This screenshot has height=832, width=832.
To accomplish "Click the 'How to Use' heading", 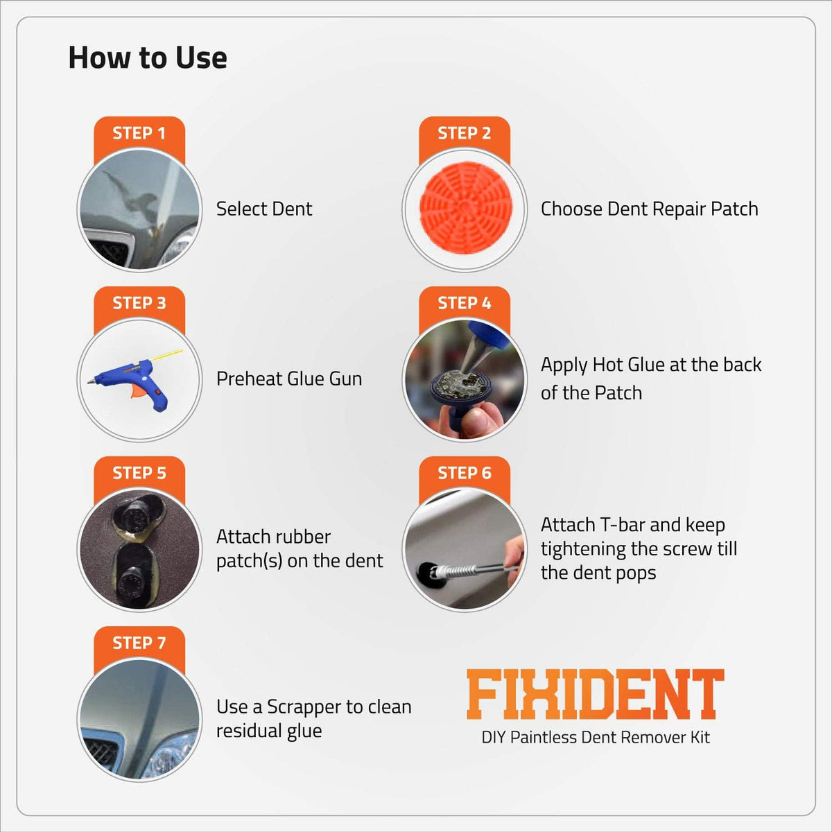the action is pos(148,58).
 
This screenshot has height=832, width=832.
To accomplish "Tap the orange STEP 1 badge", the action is pos(139,133).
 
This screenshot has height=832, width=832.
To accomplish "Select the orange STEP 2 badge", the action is pos(464,133).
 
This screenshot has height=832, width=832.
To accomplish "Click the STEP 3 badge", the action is pos(139,303).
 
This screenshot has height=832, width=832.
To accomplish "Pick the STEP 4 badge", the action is pos(464,303).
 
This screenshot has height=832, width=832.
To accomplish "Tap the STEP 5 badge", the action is pos(139,473).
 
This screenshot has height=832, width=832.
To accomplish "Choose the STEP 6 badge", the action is pos(464,473).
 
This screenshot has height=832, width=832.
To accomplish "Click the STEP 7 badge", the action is pos(139,643).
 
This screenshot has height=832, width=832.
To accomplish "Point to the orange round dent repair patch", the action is pos(465,208).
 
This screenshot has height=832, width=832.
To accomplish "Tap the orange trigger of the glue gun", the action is pos(138,391).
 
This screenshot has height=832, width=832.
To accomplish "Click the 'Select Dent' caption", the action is pos(263,209).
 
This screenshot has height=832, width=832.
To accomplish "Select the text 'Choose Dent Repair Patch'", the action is pos(649,209).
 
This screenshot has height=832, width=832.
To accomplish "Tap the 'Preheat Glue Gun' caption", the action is pos(289,379).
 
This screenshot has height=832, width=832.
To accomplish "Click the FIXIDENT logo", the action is pos(596,694).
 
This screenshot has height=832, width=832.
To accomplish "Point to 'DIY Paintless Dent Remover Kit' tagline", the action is pos(596,738).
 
